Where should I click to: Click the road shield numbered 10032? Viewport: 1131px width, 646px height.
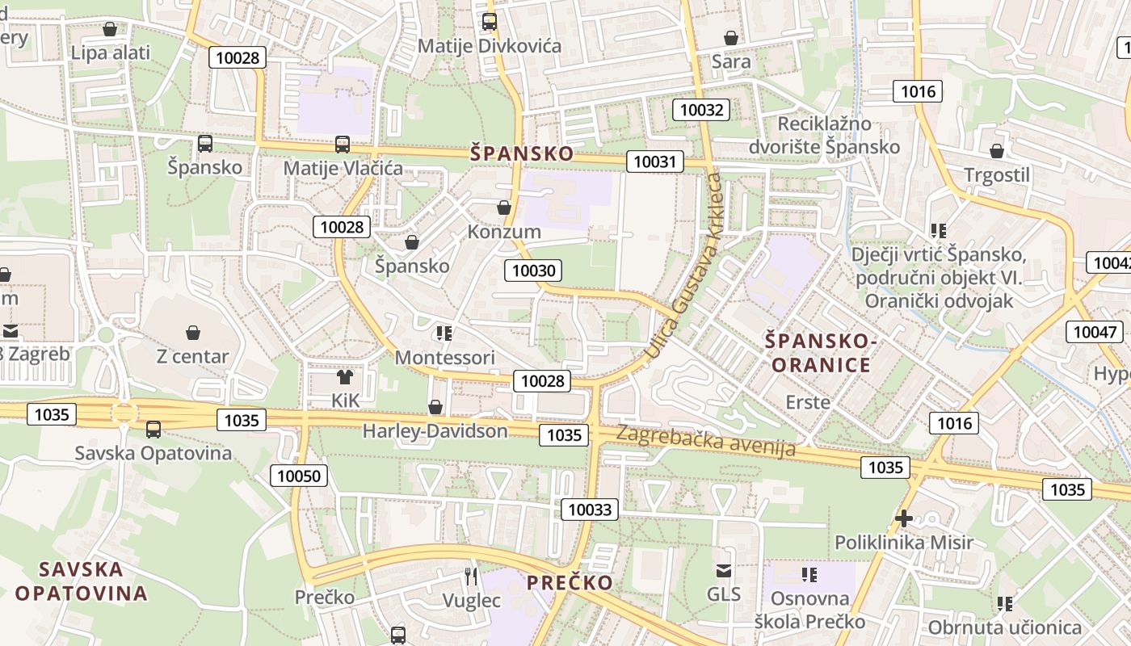coord(701,109)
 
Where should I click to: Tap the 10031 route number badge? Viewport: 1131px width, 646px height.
coord(654,161)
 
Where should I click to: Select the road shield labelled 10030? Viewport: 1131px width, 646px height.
coord(533,271)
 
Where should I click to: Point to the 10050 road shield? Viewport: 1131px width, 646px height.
coord(299,476)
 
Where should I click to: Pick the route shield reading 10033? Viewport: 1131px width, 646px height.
coord(591,509)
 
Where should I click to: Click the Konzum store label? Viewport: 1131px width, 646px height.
coord(504,232)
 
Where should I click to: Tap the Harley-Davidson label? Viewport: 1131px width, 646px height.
coord(435,430)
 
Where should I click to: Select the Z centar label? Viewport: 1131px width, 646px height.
coord(192,356)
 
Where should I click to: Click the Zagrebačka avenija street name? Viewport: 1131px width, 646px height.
coord(705,441)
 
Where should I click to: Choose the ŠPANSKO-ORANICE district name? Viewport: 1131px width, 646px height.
coord(821,353)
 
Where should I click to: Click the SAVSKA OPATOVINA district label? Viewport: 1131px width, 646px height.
coord(81,581)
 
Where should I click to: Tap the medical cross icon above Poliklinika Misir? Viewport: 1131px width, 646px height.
coord(904,518)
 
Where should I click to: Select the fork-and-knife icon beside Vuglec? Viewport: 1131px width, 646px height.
coord(472,577)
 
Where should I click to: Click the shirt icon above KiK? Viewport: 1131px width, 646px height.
coord(345,377)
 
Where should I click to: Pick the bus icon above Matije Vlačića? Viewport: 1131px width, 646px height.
coord(343,145)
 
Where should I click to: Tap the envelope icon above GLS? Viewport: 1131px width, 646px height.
coord(724,572)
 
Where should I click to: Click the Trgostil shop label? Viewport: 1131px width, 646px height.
coord(997,175)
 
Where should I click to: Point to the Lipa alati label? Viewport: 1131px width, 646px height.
coord(111,53)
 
